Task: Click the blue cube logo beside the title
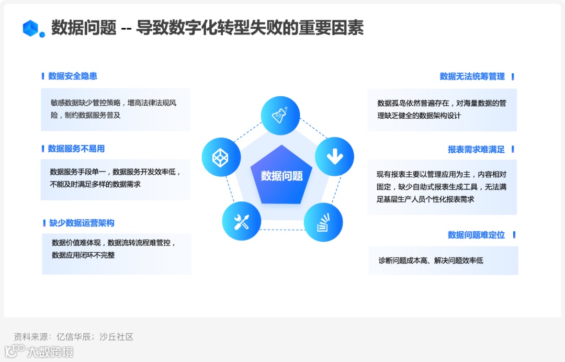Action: pyautogui.click(x=33, y=28)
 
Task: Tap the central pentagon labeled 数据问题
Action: pyautogui.click(x=282, y=176)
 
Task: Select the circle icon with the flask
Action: pyautogui.click(x=281, y=116)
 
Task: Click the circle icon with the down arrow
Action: pyautogui.click(x=334, y=156)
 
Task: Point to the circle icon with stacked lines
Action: pyautogui.click(x=323, y=222)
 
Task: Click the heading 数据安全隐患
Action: pyautogui.click(x=73, y=76)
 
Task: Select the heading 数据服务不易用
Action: pyautogui.click(x=76, y=149)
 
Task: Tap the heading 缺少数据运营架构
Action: pyautogui.click(x=82, y=223)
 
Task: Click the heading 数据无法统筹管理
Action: pyautogui.click(x=472, y=77)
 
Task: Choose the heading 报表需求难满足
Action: pyautogui.click(x=476, y=150)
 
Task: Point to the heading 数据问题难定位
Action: pyautogui.click(x=476, y=235)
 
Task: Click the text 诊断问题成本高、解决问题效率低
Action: pyautogui.click(x=431, y=260)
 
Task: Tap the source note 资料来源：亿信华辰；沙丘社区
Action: pyautogui.click(x=74, y=337)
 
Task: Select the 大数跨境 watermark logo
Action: pyautogui.click(x=39, y=352)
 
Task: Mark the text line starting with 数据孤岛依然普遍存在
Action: pyautogui.click(x=442, y=103)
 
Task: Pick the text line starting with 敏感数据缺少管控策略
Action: pyautogui.click(x=114, y=103)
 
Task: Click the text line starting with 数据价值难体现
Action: pyautogui.click(x=114, y=243)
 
